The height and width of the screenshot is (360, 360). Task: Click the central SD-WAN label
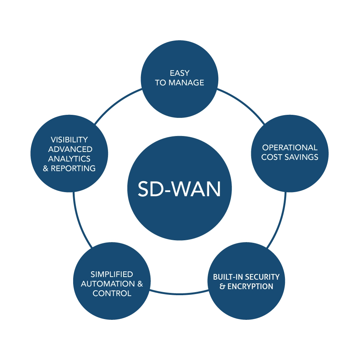click(179, 188)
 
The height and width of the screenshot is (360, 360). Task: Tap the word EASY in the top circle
click(180, 73)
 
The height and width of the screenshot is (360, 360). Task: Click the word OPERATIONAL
click(290, 147)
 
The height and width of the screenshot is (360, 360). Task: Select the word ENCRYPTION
click(250, 286)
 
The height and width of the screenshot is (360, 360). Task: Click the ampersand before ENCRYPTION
click(222, 286)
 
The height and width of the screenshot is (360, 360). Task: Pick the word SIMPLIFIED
click(112, 274)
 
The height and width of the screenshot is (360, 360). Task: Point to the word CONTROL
click(112, 293)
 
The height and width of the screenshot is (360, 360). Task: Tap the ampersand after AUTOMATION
click(140, 284)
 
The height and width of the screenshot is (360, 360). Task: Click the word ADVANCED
click(70, 149)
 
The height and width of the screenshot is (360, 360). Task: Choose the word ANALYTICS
click(69, 159)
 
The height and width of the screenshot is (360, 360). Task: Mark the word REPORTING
click(73, 168)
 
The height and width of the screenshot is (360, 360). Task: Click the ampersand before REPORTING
click(46, 168)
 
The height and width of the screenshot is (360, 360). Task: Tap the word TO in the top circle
click(160, 83)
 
